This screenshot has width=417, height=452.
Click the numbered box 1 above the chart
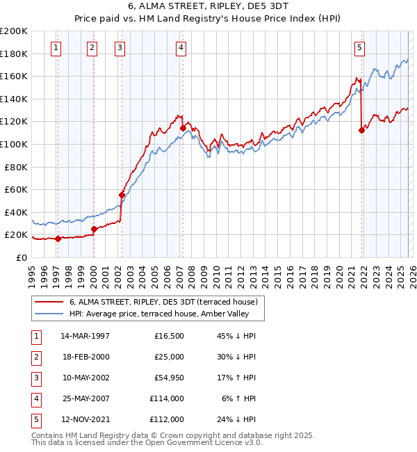coord(56,48)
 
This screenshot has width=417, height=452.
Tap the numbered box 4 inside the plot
coord(181,48)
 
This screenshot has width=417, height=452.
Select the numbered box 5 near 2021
coord(359,48)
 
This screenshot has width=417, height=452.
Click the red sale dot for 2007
coord(183,128)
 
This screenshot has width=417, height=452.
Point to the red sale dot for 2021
coord(361,130)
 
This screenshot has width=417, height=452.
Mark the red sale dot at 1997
coord(58,239)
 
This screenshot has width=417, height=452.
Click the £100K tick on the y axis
coord(14,144)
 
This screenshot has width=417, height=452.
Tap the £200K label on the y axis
coord(14,31)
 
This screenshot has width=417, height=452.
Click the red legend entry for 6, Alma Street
coord(164,302)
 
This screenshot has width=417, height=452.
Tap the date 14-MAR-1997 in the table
coord(85,336)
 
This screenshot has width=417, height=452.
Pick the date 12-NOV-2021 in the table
coord(85,419)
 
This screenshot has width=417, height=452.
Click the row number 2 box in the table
coord(35,357)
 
